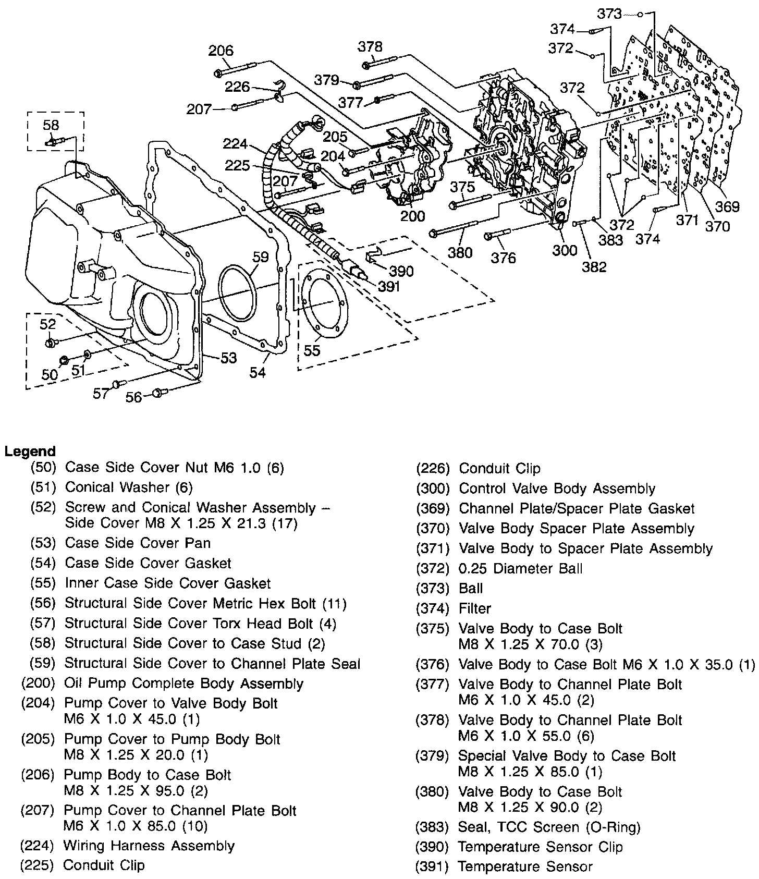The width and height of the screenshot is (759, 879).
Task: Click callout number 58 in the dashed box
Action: pyautogui.click(x=51, y=125)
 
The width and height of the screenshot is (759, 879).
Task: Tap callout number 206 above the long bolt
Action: pyautogui.click(x=221, y=51)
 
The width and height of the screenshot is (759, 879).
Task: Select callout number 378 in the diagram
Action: pyautogui.click(x=370, y=46)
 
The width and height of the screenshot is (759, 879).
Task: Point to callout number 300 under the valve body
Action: pyautogui.click(x=565, y=250)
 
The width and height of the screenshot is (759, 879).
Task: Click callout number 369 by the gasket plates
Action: pyautogui.click(x=727, y=206)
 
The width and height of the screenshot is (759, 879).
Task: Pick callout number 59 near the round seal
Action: pyautogui.click(x=260, y=257)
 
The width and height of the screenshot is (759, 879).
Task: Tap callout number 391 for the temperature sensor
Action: pyautogui.click(x=389, y=286)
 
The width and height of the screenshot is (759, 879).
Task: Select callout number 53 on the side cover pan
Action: pyautogui.click(x=228, y=358)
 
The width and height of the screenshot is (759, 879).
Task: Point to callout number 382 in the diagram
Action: pyautogui.click(x=594, y=267)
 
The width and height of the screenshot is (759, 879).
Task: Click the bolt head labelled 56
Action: pyautogui.click(x=157, y=392)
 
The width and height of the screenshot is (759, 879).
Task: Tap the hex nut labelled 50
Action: pyautogui.click(x=64, y=361)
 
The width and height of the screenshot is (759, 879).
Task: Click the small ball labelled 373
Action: pyautogui.click(x=640, y=14)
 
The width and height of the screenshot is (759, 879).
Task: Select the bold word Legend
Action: pyautogui.click(x=30, y=451)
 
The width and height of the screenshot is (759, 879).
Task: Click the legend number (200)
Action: pyautogui.click(x=38, y=683)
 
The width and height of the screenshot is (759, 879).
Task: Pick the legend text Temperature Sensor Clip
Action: pyautogui.click(x=540, y=847)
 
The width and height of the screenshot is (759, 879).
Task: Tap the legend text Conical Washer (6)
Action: pyautogui.click(x=129, y=487)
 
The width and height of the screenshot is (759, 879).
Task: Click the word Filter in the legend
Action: pyautogui.click(x=475, y=608)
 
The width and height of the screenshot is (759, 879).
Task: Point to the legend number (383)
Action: pyautogui.click(x=432, y=827)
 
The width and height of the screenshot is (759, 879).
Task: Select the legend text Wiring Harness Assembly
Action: pyautogui.click(x=149, y=846)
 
